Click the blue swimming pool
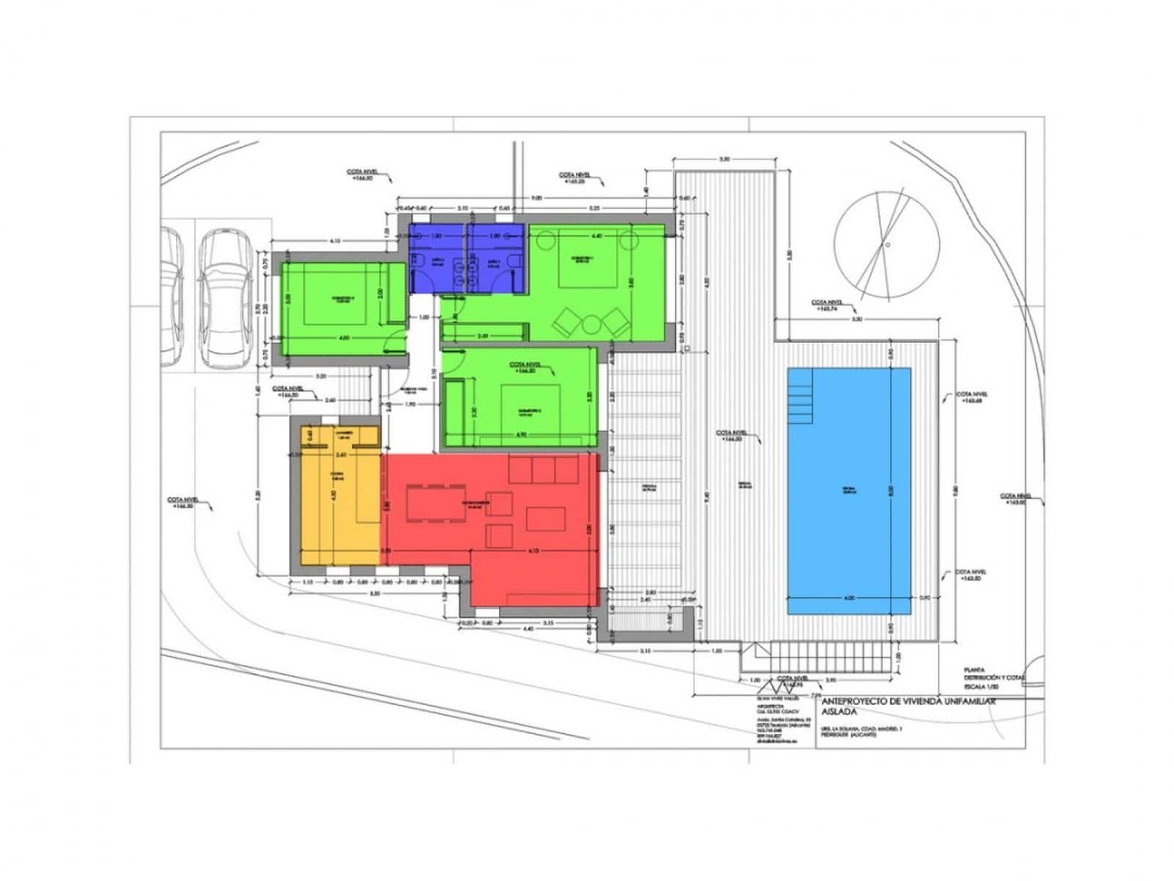[849, 490]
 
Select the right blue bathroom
[496, 258]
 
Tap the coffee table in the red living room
[544, 519]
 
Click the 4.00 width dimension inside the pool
[848, 598]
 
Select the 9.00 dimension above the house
[536, 197]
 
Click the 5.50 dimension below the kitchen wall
[375, 593]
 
